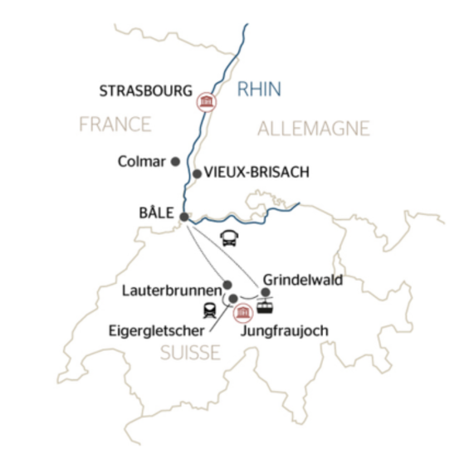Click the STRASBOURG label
[146, 89]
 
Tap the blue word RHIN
[260, 89]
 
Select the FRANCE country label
[115, 125]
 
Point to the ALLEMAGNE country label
[313, 128]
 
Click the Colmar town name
[143, 161]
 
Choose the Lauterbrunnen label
[170, 291]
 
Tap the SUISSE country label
[191, 354]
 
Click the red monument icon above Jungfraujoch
[243, 312]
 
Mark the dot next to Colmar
[175, 161]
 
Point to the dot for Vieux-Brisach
[197, 173]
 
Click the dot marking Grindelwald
[265, 292]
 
